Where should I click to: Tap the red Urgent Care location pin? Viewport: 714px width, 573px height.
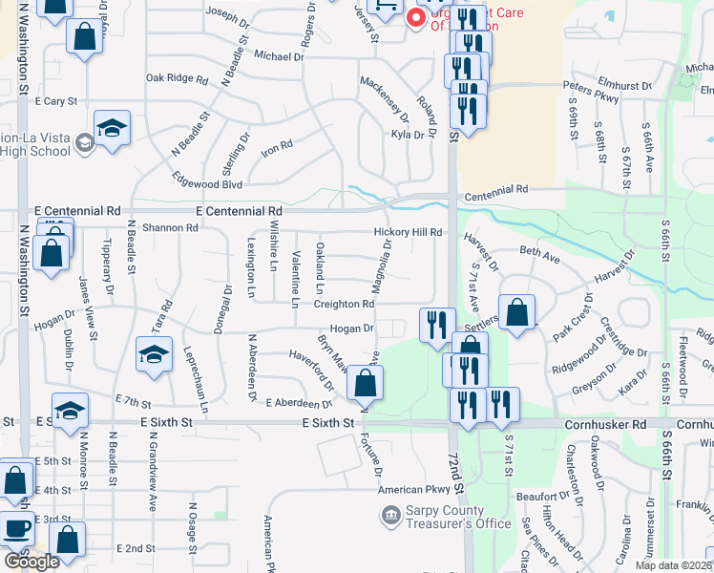coord(415,17)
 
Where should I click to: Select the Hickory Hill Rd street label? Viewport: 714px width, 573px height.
coord(408,232)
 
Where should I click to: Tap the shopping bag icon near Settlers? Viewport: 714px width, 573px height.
coord(516,312)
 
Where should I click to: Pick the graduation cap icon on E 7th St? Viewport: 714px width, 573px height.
coord(70,410)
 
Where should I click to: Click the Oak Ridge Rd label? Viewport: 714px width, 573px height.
coord(177,78)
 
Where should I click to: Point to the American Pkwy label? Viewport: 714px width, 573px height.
coord(412,490)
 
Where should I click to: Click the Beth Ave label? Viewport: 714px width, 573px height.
coord(539,255)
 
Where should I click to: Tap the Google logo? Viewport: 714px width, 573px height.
coord(31,562)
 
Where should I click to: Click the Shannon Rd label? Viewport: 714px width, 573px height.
coord(169,228)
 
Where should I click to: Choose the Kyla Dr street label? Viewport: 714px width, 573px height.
coord(407,135)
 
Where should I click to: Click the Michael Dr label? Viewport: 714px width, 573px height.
coord(279,56)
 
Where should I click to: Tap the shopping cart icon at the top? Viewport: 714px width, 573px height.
coord(386,8)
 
